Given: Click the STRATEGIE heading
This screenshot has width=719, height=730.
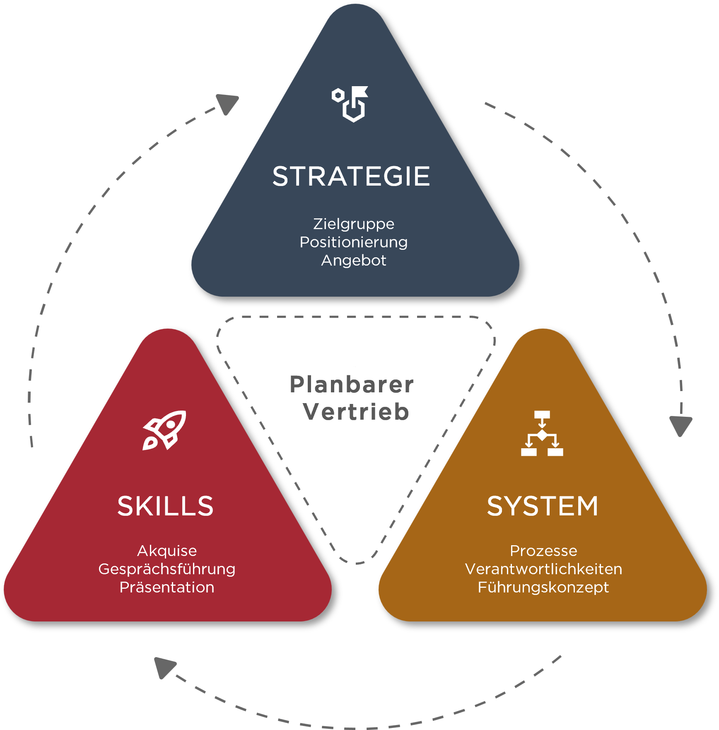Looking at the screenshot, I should [x=351, y=176].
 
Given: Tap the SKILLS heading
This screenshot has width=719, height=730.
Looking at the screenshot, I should [x=165, y=506].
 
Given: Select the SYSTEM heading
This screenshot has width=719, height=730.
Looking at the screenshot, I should [x=543, y=506].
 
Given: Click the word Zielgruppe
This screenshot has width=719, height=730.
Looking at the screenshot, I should [x=354, y=224].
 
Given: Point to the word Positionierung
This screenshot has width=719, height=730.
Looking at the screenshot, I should [x=354, y=242].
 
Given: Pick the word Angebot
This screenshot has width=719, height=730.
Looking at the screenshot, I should [x=354, y=261].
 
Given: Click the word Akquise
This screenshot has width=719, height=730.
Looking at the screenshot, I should [x=167, y=551].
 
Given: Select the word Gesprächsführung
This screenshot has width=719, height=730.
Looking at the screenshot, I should [x=167, y=569].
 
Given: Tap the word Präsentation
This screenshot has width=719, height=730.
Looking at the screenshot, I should [x=167, y=587].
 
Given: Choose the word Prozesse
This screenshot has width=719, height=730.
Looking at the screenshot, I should [x=543, y=551].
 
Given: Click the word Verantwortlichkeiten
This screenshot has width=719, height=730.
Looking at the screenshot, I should [x=543, y=569].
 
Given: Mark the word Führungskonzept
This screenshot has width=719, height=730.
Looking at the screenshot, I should [x=543, y=587].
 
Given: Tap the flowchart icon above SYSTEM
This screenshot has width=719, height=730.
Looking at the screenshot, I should [x=542, y=433].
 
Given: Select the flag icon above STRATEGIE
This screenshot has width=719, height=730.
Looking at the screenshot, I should [x=350, y=104].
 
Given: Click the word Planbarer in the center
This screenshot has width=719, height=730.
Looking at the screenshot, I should [x=352, y=384].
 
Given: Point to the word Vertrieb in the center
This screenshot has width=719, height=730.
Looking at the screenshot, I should [x=356, y=412].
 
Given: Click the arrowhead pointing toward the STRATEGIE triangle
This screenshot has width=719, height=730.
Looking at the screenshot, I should [x=228, y=104].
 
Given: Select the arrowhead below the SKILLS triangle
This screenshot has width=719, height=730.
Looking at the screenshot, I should [x=164, y=667].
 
